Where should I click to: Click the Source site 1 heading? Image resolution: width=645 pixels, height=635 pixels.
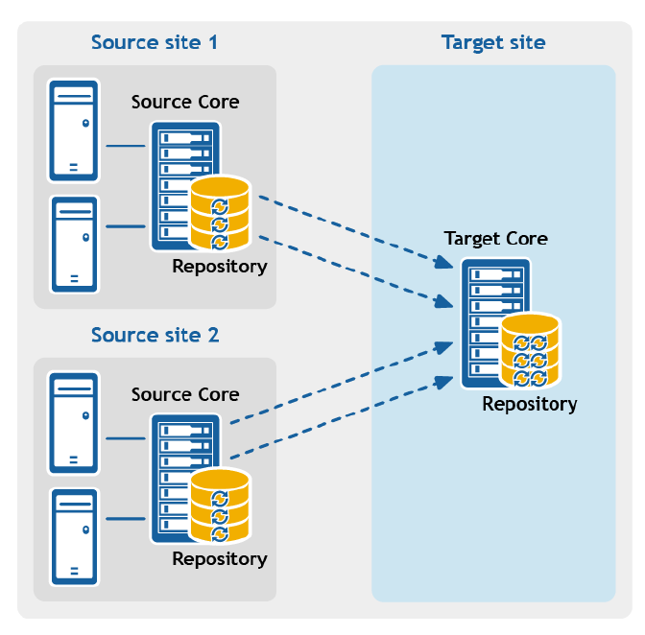[x=155, y=42]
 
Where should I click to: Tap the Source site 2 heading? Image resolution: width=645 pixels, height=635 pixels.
[x=155, y=335]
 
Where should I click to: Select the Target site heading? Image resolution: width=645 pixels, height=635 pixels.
[x=493, y=43]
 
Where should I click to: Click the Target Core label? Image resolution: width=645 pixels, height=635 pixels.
[x=495, y=239]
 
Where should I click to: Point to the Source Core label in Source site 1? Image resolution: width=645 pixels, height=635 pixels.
[x=185, y=103]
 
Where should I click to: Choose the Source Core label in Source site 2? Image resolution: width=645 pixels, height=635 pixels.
[x=185, y=395]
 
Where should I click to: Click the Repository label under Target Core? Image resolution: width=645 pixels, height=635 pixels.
[x=530, y=405]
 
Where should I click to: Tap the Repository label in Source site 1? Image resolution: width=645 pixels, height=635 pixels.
[x=220, y=267]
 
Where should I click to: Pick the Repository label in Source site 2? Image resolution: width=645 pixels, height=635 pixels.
[x=220, y=559]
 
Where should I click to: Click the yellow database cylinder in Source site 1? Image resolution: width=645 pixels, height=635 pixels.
[x=220, y=213]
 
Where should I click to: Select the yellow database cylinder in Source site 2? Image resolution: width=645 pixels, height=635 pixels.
[x=220, y=506]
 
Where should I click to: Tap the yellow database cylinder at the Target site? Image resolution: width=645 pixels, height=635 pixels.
[x=530, y=350]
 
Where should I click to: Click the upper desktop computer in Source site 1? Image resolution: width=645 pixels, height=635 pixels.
[x=74, y=130]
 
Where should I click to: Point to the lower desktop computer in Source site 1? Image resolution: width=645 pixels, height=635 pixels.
[x=75, y=245]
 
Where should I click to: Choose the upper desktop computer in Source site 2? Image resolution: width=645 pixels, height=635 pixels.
[x=74, y=423]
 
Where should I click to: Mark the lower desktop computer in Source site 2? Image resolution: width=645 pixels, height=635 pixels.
[x=75, y=537]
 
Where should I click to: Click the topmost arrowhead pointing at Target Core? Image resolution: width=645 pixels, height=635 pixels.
[x=443, y=262]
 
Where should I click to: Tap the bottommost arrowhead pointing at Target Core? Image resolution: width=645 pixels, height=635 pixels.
[x=443, y=382]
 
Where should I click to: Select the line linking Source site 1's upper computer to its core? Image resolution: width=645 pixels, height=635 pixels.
[x=126, y=146]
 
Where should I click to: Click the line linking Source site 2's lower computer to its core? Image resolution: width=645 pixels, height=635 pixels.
[x=126, y=519]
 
